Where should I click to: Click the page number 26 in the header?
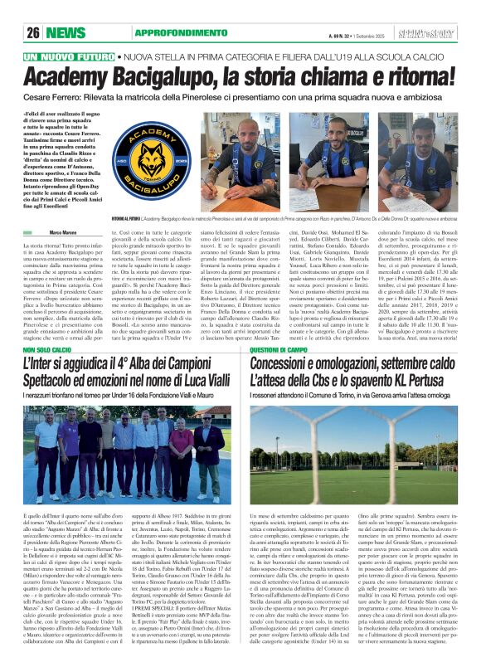[34, 33]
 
